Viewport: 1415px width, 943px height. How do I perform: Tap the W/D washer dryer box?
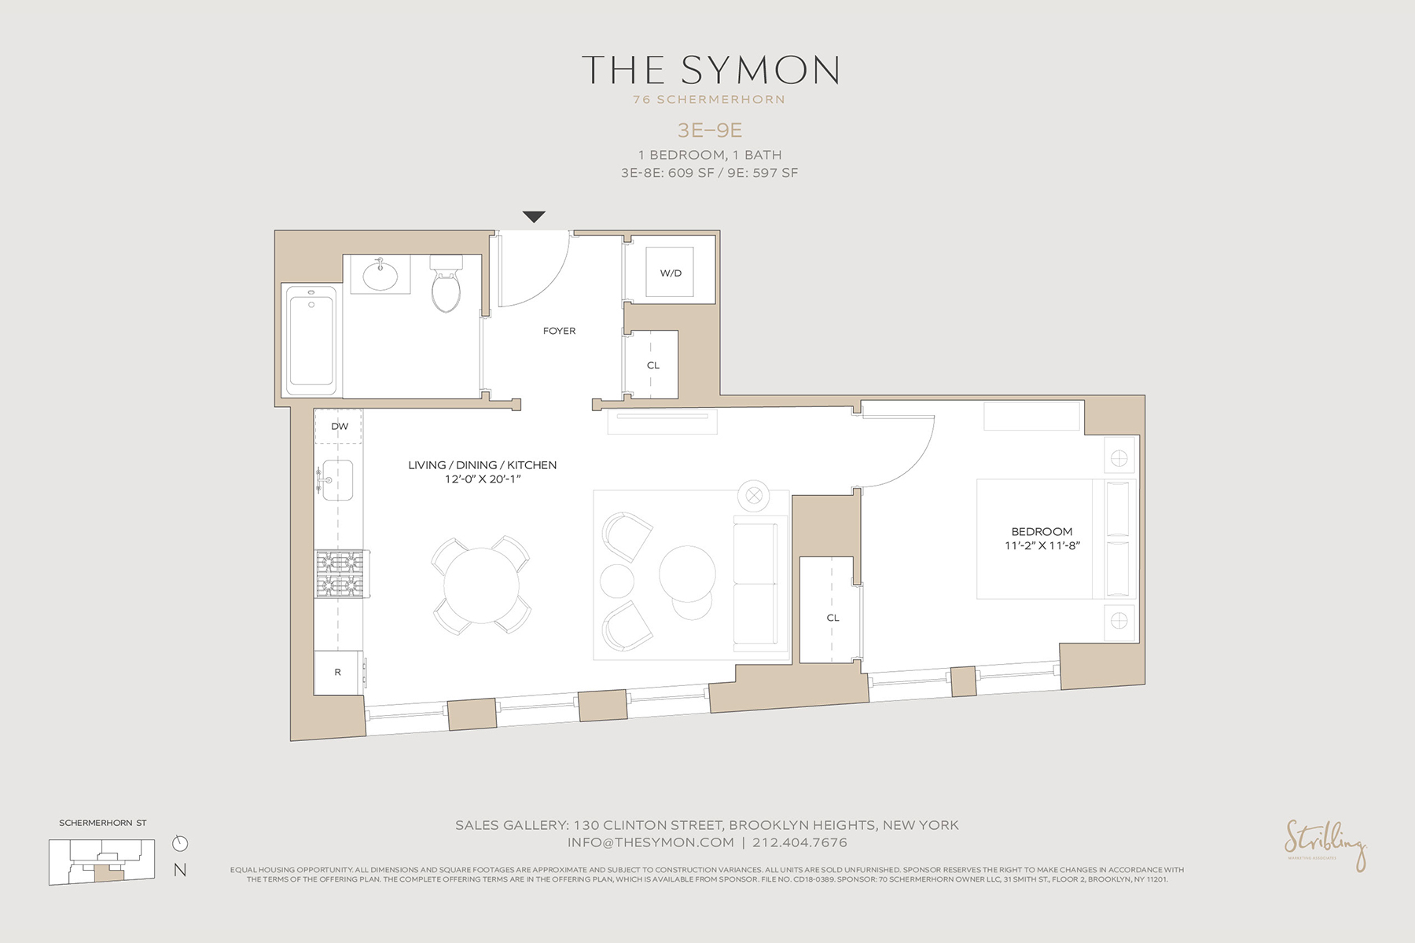(671, 273)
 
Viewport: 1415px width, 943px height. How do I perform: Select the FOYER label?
(559, 331)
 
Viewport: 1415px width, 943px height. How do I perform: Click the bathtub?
(311, 340)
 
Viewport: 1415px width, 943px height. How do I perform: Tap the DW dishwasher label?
(339, 427)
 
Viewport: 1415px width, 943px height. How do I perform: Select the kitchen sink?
(336, 480)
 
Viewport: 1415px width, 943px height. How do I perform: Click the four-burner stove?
(340, 573)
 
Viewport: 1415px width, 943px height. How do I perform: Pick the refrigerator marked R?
(338, 672)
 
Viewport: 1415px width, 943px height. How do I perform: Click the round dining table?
(481, 585)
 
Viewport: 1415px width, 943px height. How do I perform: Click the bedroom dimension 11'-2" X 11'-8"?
(1042, 545)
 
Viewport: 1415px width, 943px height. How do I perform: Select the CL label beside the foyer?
(652, 365)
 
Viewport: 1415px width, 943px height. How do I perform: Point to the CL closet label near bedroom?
(832, 618)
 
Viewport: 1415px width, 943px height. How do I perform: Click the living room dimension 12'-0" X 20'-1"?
(482, 479)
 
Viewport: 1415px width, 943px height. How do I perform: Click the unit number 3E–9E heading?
(709, 130)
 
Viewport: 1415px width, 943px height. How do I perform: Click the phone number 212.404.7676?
(799, 842)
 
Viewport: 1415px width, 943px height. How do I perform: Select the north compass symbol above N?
(180, 843)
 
